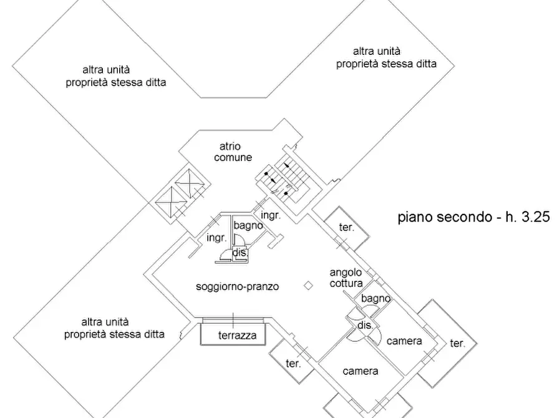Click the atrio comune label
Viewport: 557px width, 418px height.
click(233, 152)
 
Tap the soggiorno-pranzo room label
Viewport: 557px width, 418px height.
click(237, 286)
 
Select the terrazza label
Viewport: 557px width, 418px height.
click(237, 335)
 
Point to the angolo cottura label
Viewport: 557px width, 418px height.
click(346, 278)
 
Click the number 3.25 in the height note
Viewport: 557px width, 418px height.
click(536, 216)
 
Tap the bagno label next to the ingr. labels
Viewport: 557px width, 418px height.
click(248, 226)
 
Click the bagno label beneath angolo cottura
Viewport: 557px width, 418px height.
click(376, 299)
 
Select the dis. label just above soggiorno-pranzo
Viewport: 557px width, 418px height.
click(240, 253)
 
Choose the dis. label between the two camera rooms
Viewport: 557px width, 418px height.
click(365, 325)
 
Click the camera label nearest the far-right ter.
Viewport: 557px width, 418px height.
click(404, 341)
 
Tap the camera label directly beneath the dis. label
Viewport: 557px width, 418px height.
click(360, 371)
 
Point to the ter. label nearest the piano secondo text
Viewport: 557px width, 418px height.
click(346, 227)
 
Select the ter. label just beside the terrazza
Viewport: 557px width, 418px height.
click(293, 364)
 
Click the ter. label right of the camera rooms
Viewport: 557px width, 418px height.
click(457, 343)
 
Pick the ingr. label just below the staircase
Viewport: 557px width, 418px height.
click(271, 215)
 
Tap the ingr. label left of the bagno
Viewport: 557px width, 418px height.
click(216, 238)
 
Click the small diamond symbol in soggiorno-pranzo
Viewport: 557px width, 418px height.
click(308, 285)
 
